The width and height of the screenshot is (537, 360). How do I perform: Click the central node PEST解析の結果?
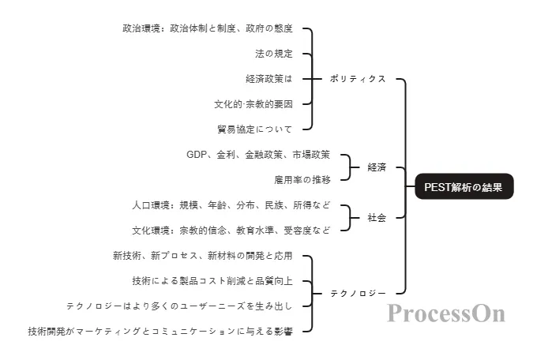464,187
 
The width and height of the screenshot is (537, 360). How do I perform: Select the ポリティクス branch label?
358,79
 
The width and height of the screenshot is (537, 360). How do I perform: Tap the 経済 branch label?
377,167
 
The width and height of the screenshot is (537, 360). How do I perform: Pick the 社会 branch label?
377,218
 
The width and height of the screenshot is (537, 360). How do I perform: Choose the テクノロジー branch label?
358,294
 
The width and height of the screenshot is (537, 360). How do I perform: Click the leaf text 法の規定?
273,54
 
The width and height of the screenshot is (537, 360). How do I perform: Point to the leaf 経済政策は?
268,79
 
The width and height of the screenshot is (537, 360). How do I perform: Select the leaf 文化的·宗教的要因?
253,104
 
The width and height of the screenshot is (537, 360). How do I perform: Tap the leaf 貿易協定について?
254,129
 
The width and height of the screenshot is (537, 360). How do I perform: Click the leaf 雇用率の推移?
302,180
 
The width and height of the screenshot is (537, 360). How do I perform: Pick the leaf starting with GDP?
258,155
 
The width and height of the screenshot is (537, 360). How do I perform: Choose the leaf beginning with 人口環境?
231,205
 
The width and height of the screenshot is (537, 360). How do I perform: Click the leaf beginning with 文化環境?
231,231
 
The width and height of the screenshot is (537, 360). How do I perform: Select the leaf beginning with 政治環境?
208,28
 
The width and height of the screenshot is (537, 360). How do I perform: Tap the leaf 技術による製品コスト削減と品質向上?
212,281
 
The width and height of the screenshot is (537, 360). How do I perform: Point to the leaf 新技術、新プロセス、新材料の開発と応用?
202,256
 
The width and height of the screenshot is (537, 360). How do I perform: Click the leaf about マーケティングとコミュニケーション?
160,332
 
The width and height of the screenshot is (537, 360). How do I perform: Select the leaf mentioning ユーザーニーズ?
179,306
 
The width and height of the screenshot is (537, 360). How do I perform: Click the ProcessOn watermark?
445,313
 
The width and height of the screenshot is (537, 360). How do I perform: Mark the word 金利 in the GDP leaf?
225,155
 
